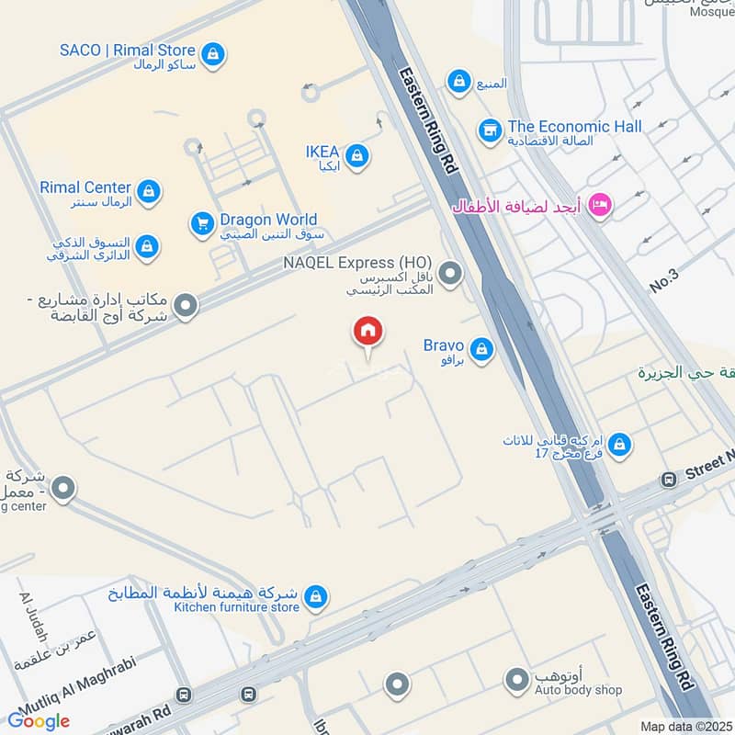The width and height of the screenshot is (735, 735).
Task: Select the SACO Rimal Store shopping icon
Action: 213,54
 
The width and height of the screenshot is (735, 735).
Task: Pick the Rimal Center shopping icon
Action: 149,192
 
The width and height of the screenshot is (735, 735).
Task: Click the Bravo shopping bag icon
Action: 480,349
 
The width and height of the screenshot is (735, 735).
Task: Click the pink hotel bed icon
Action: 600,206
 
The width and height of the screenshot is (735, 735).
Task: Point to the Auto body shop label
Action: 578,690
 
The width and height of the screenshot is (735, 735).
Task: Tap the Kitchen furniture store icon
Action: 316,597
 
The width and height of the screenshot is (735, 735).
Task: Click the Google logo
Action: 39,720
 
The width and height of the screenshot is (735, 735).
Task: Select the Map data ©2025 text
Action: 684,727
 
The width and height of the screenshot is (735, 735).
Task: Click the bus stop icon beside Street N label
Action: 669,480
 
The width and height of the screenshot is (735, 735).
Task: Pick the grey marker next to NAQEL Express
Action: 450,273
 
